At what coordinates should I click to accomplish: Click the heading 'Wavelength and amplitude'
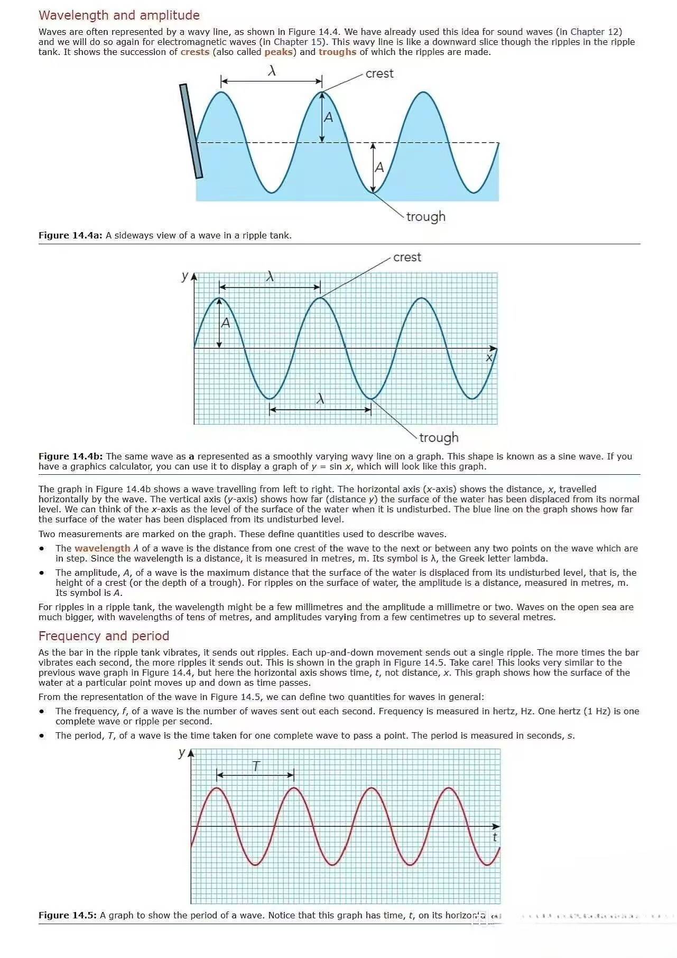(119, 15)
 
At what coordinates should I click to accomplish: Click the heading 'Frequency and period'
(104, 636)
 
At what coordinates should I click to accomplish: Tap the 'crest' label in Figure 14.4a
(379, 73)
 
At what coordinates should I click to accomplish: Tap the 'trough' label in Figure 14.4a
(425, 217)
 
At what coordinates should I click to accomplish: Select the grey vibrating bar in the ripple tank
(191, 131)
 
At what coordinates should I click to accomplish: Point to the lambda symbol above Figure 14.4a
(272, 70)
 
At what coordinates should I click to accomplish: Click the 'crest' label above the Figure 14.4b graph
(407, 257)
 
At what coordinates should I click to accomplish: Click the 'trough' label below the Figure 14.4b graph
(439, 438)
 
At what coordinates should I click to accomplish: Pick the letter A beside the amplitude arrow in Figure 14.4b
(226, 323)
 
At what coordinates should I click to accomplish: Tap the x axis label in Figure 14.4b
(489, 358)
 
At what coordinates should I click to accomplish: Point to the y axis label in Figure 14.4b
(184, 275)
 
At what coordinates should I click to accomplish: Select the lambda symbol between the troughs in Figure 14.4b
(320, 399)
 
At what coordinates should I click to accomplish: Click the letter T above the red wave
(256, 766)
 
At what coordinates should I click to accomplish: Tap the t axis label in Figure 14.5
(495, 837)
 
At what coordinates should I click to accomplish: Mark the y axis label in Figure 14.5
(182, 752)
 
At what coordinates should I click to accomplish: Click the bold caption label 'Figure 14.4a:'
(70, 235)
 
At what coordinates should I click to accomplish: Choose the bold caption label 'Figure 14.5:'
(68, 915)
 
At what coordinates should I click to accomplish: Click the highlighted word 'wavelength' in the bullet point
(102, 548)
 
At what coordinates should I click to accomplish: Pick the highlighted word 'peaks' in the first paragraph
(279, 52)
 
